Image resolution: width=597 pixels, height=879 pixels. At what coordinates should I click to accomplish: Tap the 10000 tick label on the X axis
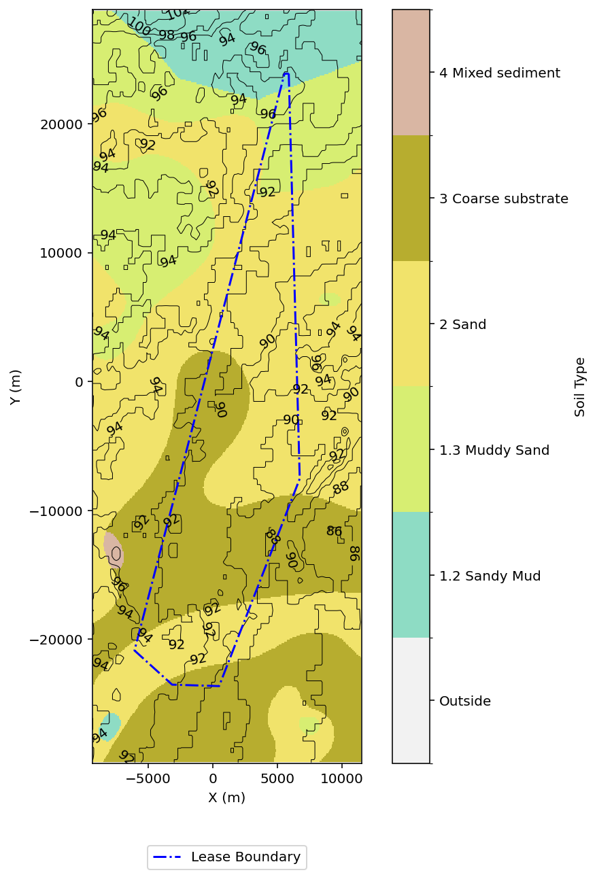click(x=341, y=778)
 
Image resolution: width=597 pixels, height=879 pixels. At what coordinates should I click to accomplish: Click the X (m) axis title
click(x=226, y=797)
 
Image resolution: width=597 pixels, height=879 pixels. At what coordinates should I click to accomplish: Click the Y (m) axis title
click(x=16, y=387)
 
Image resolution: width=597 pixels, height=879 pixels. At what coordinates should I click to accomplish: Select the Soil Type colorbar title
click(x=580, y=387)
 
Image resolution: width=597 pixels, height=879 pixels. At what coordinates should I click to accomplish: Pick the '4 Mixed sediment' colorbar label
click(x=500, y=73)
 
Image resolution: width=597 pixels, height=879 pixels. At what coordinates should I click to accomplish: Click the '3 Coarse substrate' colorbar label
click(x=504, y=199)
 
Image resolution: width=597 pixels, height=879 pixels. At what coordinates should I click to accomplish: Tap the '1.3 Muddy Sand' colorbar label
click(x=494, y=450)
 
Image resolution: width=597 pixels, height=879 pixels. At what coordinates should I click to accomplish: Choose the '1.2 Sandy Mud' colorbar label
click(x=490, y=576)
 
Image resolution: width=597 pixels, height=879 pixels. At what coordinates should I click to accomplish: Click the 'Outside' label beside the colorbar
click(x=465, y=701)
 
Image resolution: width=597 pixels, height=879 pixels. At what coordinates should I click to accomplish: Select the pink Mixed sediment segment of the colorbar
click(x=411, y=73)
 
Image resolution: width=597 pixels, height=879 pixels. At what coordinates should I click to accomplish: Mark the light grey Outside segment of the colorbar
click(x=411, y=700)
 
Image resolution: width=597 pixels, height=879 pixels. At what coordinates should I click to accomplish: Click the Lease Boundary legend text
click(x=245, y=857)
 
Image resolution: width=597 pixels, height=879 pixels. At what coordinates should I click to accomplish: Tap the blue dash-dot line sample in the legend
click(x=168, y=857)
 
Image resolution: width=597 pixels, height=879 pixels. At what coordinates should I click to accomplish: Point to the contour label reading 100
click(x=139, y=28)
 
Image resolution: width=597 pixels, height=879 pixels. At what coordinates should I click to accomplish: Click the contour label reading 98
click(x=167, y=35)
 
